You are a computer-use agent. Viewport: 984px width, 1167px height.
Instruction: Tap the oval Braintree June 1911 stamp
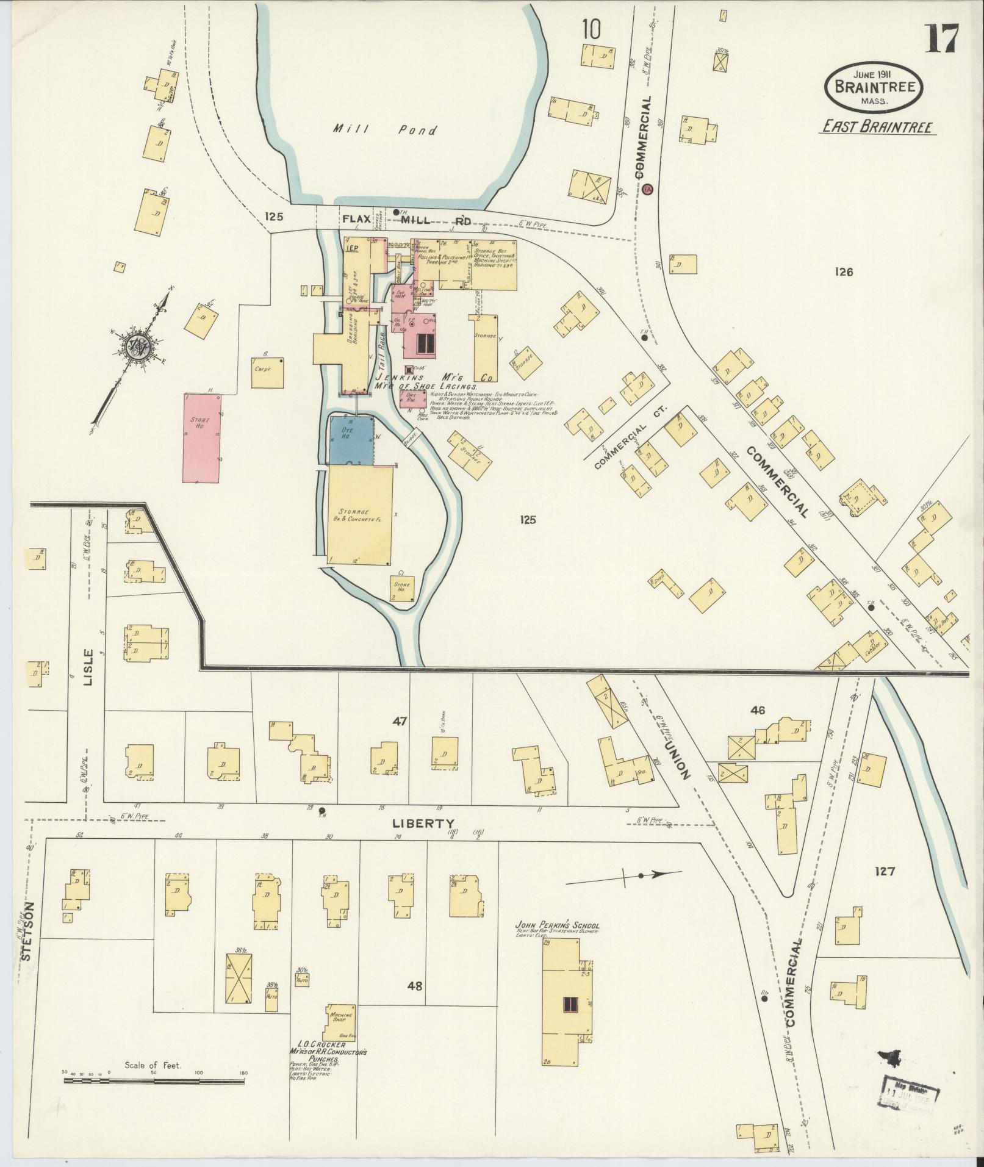point(874,87)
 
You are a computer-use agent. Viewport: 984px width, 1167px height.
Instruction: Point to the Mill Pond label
point(385,130)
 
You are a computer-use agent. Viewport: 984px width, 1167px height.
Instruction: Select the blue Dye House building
point(351,440)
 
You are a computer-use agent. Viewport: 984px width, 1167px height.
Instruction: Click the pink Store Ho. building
point(202,438)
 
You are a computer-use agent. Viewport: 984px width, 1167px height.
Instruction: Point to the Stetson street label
point(26,939)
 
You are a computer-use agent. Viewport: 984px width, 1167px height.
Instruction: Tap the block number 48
point(415,985)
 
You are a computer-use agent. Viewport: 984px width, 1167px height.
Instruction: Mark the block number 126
point(844,272)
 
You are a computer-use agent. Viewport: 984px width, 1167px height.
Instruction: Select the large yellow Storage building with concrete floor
point(360,515)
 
